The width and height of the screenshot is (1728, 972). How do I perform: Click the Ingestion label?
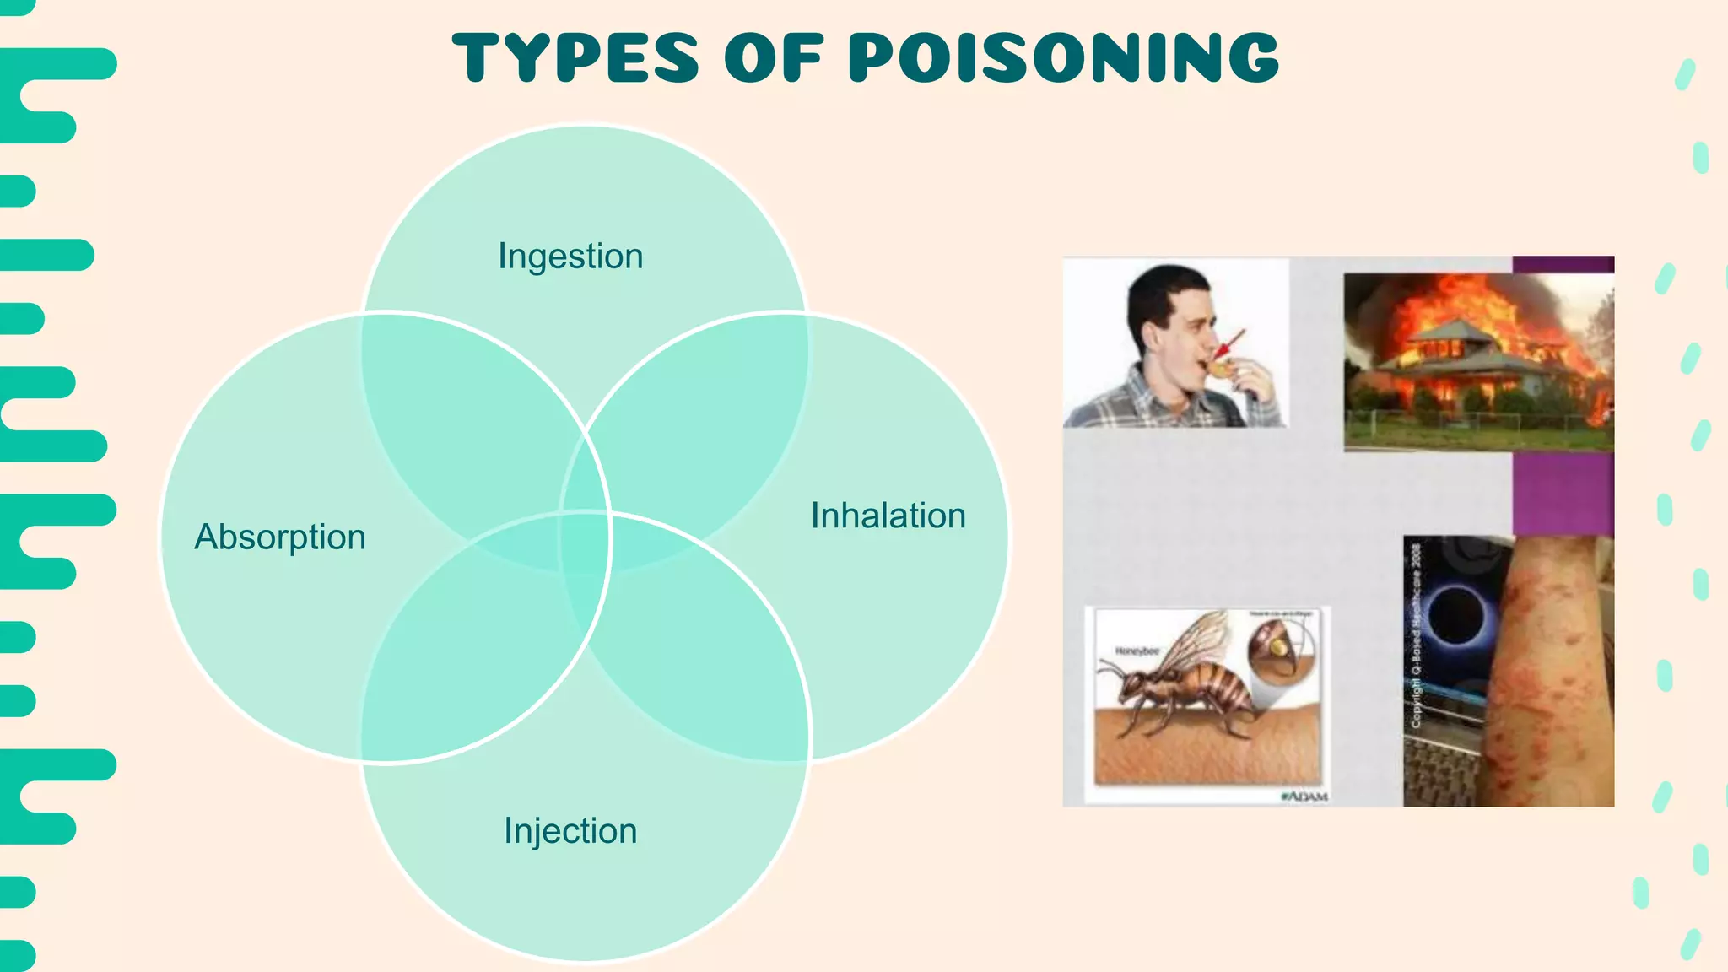570,256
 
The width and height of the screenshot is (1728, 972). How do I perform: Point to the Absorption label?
280,537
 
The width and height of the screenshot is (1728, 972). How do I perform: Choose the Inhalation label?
888,516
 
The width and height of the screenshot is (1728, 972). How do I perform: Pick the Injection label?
570,830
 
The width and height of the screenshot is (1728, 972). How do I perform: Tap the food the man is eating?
1218,367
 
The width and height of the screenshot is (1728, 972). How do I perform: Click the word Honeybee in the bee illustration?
1137,651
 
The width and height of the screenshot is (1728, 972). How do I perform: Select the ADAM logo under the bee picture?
1304,796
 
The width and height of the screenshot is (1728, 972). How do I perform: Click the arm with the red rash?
1552,675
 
